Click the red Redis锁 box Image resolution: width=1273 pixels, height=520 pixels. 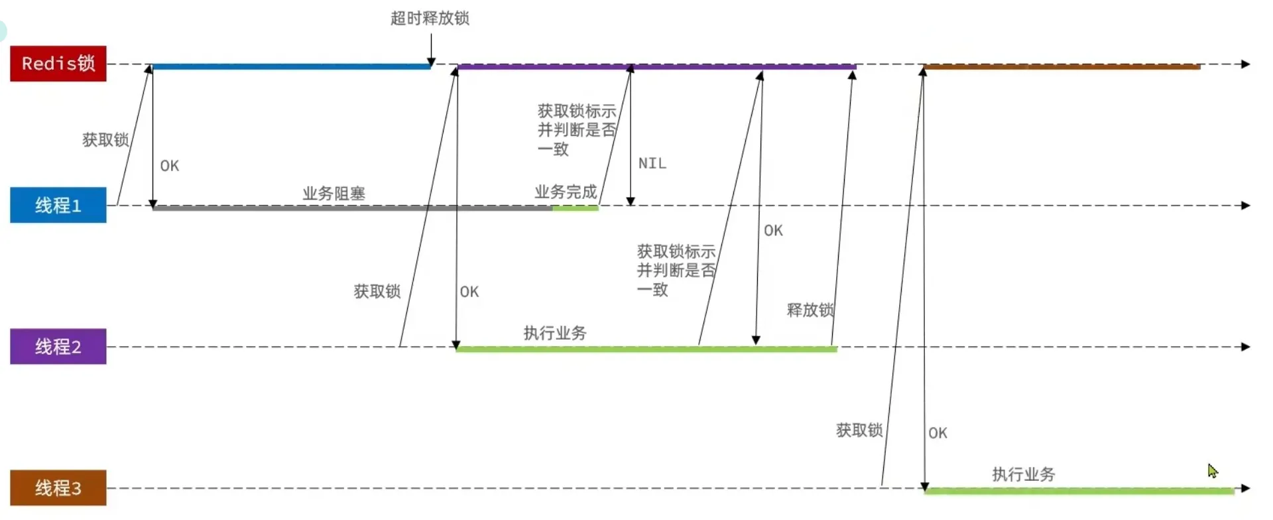click(58, 63)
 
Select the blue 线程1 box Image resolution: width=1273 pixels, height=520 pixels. click(58, 205)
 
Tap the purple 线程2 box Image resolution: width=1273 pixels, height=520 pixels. click(58, 346)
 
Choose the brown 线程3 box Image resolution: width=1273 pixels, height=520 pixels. click(58, 487)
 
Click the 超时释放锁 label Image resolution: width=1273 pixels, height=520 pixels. click(430, 18)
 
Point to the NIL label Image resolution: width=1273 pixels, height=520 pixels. click(652, 163)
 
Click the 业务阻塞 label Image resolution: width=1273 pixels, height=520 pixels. click(334, 193)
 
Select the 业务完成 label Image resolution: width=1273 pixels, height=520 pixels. click(566, 192)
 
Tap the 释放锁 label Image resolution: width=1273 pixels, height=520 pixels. click(810, 310)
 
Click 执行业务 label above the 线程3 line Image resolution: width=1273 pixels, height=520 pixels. click(1023, 474)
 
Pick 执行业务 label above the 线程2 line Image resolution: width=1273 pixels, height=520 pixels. click(555, 333)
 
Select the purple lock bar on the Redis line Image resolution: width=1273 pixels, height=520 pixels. click(656, 66)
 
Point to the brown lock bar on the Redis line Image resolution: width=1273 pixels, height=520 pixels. click(1061, 66)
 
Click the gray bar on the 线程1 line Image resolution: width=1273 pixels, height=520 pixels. click(352, 208)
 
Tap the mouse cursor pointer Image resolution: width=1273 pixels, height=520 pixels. click(1213, 471)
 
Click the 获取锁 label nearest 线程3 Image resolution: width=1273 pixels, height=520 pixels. click(859, 430)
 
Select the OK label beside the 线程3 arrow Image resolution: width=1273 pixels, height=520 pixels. click(938, 433)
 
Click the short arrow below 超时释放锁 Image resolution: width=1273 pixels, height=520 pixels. click(431, 50)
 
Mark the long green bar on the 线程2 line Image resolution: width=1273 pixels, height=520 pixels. click(646, 349)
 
